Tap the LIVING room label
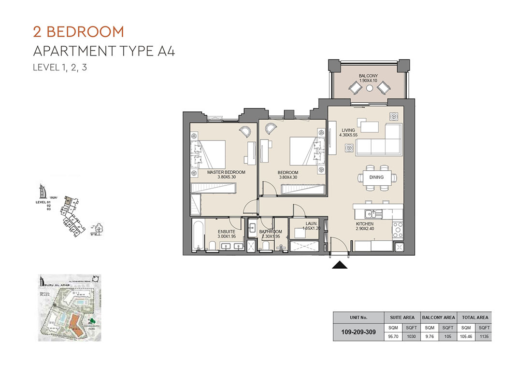pos(348,130)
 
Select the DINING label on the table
pos(376,177)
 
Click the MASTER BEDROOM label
pos(226,172)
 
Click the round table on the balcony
pos(370,89)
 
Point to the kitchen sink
pos(372,213)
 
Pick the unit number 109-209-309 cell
pos(358,332)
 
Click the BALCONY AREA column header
pos(438,317)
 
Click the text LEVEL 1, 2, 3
pos(60,68)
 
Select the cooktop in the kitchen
pos(398,229)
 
